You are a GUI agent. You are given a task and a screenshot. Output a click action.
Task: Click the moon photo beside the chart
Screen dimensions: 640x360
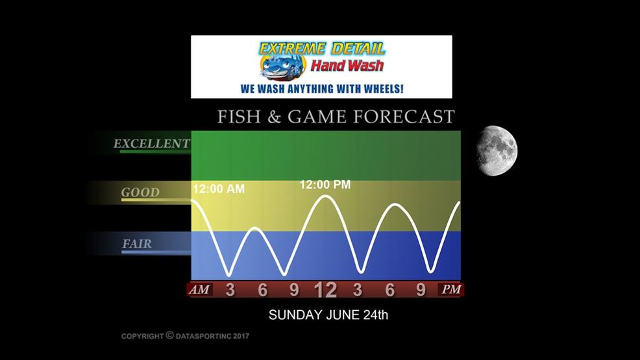tap(497, 151)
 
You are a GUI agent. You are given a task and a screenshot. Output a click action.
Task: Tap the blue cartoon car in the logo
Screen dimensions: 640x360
tap(283, 67)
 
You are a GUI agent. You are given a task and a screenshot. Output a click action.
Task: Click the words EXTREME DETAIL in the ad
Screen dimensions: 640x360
tap(322, 49)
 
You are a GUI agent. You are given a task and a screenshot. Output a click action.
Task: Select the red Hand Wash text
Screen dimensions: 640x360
tap(347, 66)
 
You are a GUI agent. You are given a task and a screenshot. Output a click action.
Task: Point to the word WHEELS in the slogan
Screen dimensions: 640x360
tap(382, 88)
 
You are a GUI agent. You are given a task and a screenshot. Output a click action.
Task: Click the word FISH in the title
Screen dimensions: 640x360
tap(239, 117)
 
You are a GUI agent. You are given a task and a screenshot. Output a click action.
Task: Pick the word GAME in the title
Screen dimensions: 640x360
tap(318, 117)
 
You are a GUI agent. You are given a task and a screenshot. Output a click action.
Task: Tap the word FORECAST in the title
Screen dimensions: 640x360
tap(404, 117)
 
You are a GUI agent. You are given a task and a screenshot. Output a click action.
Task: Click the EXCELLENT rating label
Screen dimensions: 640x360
tap(151, 143)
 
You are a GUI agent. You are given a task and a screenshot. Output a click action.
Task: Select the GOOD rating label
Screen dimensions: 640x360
tap(140, 193)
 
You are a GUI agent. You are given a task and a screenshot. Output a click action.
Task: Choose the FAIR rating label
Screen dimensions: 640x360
tap(137, 244)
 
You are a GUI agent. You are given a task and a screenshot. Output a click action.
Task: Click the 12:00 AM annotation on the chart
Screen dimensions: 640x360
tap(219, 189)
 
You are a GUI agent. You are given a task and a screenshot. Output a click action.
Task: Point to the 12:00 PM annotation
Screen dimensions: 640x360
tap(325, 185)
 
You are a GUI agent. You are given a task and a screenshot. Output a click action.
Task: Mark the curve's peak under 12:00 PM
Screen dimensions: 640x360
tap(325, 196)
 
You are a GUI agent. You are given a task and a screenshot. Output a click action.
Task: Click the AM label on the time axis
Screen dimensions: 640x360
tap(199, 289)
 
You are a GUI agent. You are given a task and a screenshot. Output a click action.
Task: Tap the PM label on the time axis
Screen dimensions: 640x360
tap(451, 289)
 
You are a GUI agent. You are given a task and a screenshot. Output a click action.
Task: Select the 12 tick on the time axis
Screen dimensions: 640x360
tap(325, 290)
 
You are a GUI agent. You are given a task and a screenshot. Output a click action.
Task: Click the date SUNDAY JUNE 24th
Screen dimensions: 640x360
tap(328, 315)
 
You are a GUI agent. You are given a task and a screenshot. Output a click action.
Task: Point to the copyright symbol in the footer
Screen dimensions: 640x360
tap(170, 335)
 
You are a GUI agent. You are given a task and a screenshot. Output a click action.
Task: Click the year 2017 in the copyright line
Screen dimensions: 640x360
tap(241, 337)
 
